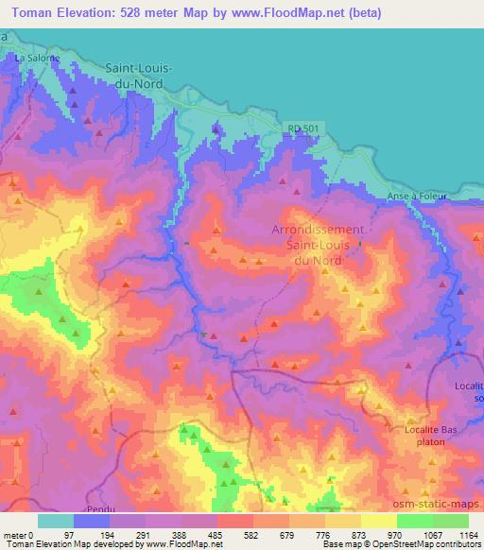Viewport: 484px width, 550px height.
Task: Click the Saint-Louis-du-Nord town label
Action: (x=127, y=77)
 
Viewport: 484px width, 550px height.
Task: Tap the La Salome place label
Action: (x=37, y=58)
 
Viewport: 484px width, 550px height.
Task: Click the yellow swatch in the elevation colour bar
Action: (x=378, y=521)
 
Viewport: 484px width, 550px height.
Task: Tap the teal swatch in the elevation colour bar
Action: (x=55, y=521)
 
